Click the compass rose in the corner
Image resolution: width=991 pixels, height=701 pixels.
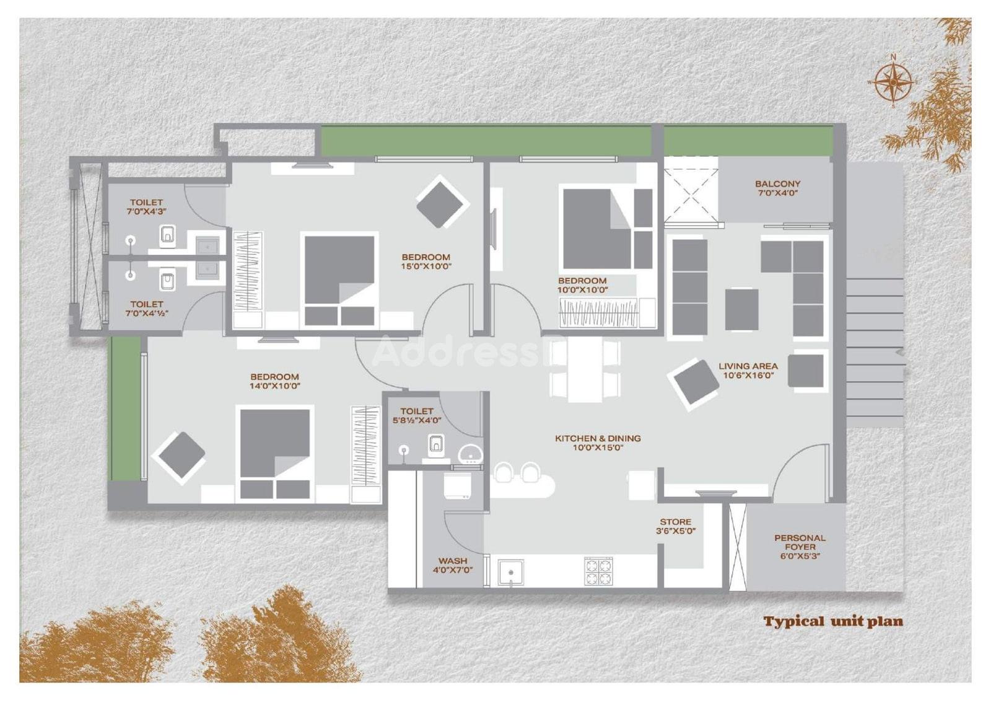(x=894, y=82)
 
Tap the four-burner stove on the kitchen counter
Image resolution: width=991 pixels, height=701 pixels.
(x=598, y=571)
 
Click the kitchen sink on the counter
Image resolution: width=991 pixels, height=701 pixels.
(x=511, y=573)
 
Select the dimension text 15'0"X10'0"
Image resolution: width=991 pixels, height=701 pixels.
(x=427, y=267)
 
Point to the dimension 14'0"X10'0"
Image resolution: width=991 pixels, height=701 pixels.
(x=275, y=386)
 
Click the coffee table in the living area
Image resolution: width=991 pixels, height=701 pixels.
(x=742, y=309)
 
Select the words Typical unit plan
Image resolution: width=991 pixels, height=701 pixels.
(x=833, y=621)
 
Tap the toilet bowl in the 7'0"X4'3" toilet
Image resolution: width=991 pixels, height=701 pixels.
(x=168, y=235)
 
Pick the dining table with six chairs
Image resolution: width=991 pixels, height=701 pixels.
(x=585, y=369)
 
